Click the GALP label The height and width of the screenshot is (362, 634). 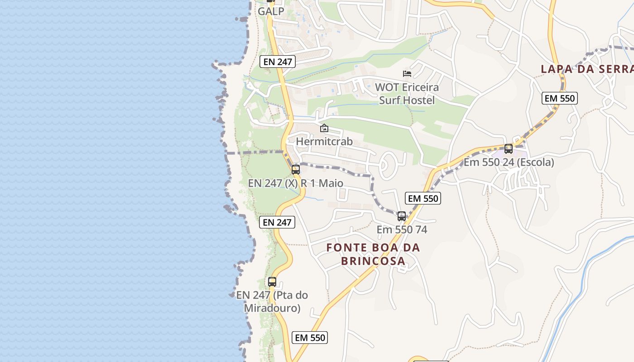(x=271, y=11)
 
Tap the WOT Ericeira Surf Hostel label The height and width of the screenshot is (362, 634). (x=407, y=94)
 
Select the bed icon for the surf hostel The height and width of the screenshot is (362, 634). (x=407, y=74)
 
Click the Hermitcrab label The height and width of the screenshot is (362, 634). (x=324, y=141)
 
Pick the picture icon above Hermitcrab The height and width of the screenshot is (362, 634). (x=324, y=129)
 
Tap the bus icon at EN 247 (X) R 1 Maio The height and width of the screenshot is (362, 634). (x=296, y=170)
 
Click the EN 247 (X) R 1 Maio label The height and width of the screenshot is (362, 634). (x=295, y=183)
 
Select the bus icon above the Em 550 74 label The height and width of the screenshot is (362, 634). (x=402, y=216)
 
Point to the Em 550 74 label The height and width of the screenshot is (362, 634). (x=402, y=229)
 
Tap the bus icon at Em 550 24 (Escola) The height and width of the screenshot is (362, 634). (x=509, y=148)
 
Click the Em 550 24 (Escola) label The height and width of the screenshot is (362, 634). (x=509, y=162)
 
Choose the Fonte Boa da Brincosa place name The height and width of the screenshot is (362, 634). (x=373, y=254)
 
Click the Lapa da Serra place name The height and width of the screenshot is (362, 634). (x=587, y=69)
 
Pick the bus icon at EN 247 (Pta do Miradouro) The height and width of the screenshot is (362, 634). (x=272, y=281)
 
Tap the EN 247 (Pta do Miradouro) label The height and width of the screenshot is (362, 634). (x=272, y=302)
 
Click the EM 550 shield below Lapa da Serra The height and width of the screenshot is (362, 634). (x=560, y=98)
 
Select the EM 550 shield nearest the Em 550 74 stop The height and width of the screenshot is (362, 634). (x=423, y=198)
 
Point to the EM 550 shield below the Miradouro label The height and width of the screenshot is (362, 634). (x=310, y=338)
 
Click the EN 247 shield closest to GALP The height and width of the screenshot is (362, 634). (x=278, y=62)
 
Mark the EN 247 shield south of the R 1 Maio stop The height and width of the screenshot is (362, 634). (x=277, y=222)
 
